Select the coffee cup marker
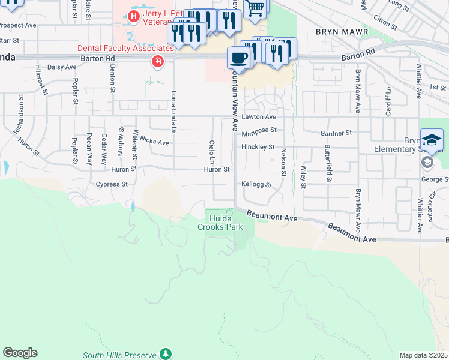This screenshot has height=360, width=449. tap(239, 58)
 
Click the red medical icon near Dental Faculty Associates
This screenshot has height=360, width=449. tap(158, 61)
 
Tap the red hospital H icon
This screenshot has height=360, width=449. tap(134, 16)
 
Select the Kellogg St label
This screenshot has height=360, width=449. tap(257, 185)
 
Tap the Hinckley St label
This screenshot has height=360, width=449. tap(258, 147)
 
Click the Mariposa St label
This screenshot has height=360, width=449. tap(259, 130)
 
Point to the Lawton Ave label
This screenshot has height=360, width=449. tap(259, 117)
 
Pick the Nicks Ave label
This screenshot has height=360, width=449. tap(154, 143)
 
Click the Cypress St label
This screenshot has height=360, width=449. tap(112, 185)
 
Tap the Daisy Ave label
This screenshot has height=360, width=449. tap(62, 67)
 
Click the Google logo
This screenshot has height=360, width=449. tap(20, 353)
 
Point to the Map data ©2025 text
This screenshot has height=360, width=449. tap(424, 355)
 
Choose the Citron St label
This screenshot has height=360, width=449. tap(385, 23)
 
